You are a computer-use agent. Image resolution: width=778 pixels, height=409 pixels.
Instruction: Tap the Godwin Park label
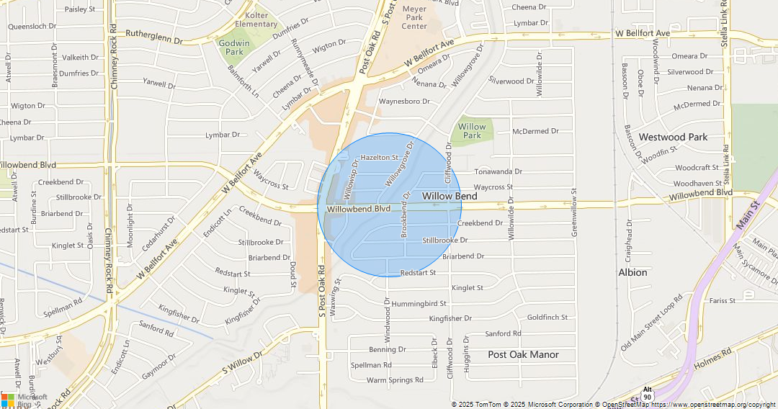pyautogui.click(x=234, y=48)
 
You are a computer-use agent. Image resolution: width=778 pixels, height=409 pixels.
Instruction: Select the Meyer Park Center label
pyautogui.click(x=414, y=17)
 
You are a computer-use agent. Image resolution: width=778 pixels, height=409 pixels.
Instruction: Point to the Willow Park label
pyautogui.click(x=472, y=131)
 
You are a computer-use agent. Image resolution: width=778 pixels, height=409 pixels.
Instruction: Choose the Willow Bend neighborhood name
pyautogui.click(x=450, y=196)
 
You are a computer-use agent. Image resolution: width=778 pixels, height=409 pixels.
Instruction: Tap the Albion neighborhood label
pyautogui.click(x=632, y=272)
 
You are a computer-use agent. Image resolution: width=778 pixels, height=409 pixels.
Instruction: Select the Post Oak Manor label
pyautogui.click(x=523, y=354)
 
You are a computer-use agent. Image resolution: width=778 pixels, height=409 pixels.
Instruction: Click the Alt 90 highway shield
pyautogui.click(x=648, y=393)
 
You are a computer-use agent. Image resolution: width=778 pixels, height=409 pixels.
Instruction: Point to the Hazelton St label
pyautogui.click(x=379, y=157)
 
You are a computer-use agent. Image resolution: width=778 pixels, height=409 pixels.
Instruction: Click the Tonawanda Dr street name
pyautogui.click(x=498, y=172)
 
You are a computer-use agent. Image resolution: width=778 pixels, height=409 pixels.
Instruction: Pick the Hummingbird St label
pyautogui.click(x=419, y=304)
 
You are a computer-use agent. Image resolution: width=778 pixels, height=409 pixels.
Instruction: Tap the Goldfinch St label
pyautogui.click(x=547, y=317)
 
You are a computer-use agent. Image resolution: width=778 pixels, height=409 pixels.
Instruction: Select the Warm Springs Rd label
pyautogui.click(x=395, y=380)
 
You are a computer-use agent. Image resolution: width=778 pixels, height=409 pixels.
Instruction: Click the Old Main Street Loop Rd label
pyautogui.click(x=652, y=320)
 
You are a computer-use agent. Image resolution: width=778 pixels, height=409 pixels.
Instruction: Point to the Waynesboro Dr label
pyautogui.click(x=404, y=102)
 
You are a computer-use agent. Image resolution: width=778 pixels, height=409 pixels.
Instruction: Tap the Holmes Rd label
pyautogui.click(x=712, y=361)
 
